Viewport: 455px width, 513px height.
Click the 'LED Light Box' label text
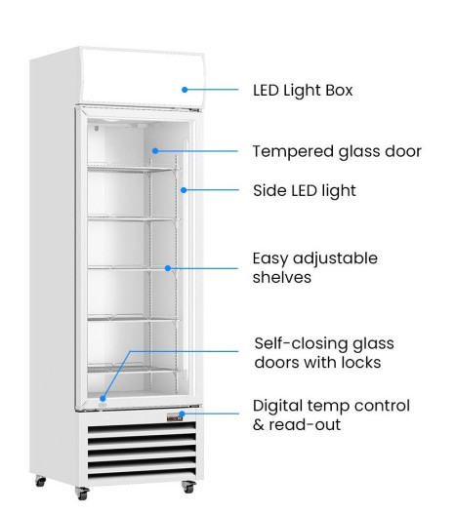303,91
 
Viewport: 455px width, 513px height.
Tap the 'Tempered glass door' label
337,152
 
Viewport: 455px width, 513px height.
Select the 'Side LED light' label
305,191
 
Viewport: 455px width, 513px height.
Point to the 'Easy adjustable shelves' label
314,268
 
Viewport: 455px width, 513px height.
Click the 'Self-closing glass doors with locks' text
324,353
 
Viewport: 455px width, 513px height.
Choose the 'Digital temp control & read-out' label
331,415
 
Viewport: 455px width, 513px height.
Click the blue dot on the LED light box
185,90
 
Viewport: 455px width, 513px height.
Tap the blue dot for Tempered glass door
155,151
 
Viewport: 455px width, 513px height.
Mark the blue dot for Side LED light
184,190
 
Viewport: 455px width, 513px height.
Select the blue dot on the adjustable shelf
168,268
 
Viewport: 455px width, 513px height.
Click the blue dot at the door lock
103,399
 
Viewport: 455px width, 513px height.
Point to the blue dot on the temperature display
182,414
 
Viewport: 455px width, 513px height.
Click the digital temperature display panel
174,416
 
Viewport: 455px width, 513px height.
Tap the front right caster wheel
189,487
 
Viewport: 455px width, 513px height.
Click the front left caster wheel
82,493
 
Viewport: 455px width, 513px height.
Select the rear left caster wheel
41,481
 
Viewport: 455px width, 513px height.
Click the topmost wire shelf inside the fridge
134,168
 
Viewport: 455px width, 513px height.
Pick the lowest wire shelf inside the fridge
134,369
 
